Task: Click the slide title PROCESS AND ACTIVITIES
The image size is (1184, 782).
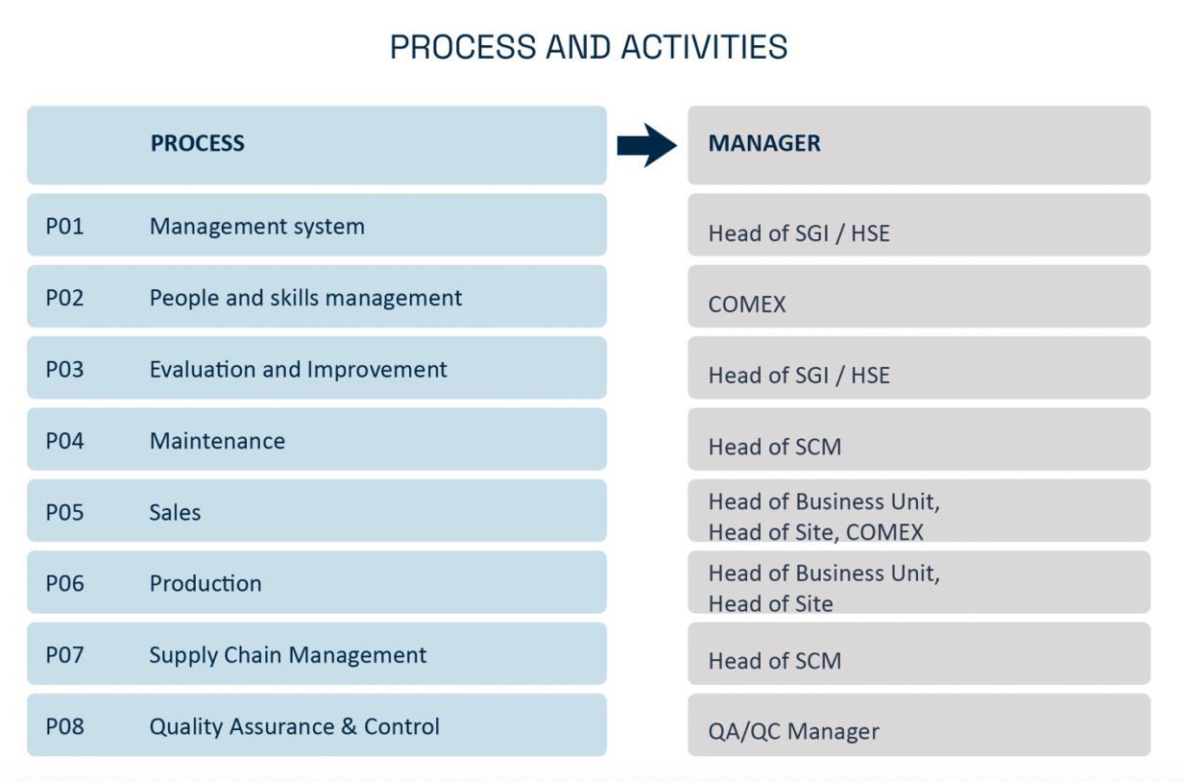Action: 588,47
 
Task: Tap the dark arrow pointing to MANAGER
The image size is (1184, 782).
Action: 647,145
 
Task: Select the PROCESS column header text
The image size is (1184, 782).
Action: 197,143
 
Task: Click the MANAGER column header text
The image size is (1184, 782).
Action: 763,143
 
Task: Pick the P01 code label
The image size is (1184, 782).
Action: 64,227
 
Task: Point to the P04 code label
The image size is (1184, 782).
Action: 64,441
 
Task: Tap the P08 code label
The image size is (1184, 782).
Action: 64,726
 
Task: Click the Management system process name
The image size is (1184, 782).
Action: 256,227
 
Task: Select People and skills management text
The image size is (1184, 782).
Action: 305,298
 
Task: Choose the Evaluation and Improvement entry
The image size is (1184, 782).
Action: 298,370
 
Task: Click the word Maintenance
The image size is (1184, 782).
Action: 217,441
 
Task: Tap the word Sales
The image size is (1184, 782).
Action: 175,512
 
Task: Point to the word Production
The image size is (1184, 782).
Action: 205,583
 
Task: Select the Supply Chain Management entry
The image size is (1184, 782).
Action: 287,655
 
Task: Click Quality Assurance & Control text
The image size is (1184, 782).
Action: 294,726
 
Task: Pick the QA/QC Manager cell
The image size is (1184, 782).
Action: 793,731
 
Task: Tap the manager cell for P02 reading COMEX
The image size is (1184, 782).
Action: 746,305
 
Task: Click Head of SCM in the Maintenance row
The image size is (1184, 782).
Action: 774,447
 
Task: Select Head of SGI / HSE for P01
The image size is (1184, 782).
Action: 798,233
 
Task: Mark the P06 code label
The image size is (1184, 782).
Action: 64,583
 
